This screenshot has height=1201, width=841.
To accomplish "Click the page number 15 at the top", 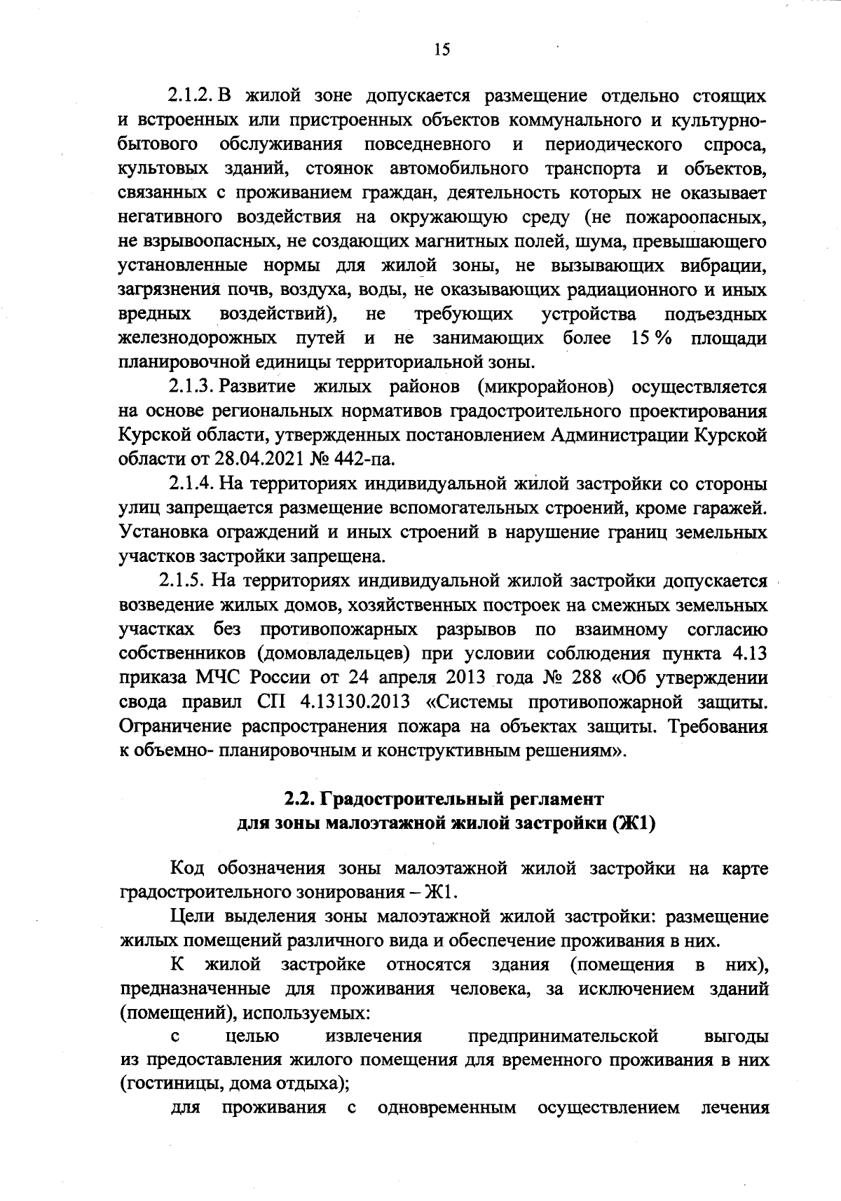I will click(x=442, y=49).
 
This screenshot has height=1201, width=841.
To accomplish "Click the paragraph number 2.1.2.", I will click(x=192, y=95).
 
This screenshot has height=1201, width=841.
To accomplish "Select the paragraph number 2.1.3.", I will click(x=192, y=387).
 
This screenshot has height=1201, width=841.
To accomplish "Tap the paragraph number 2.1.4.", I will click(x=192, y=483).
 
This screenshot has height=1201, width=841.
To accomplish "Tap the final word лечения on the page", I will click(x=735, y=1109).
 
